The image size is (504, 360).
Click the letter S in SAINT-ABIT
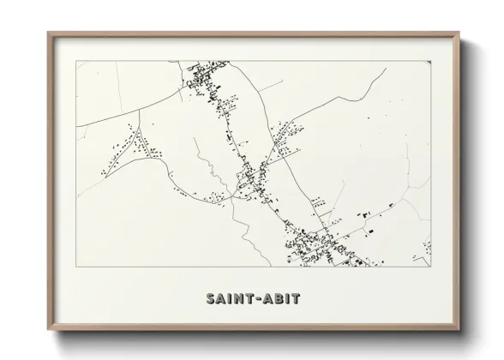[210, 299]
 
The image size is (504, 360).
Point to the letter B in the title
[279, 299]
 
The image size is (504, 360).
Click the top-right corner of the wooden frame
[459, 33]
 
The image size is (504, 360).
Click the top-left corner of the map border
[77, 61]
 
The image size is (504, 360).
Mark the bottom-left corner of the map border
[77, 267]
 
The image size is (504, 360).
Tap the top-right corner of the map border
[430, 61]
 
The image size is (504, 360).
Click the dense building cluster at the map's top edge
[202, 81]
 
